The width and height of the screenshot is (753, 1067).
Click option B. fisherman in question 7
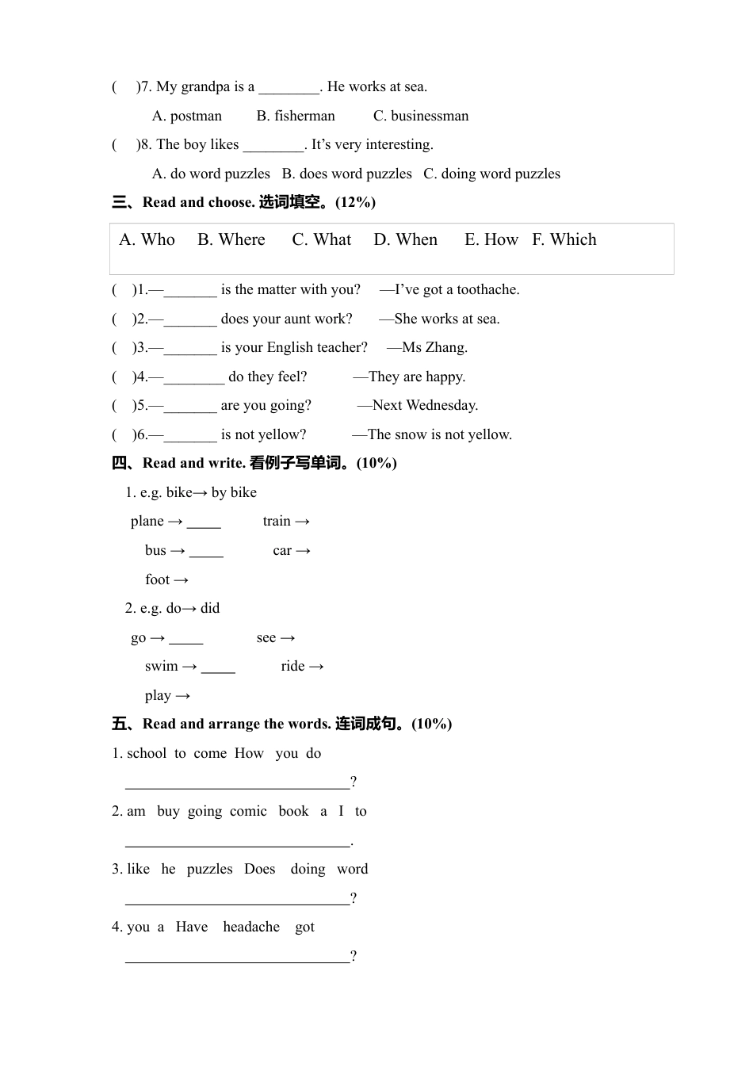(296, 116)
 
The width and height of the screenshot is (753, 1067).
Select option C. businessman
(421, 116)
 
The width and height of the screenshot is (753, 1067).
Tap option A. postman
(187, 116)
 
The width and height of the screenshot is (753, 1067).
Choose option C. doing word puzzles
(491, 174)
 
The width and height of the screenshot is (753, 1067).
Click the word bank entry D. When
(405, 239)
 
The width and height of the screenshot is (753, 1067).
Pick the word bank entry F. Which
(564, 239)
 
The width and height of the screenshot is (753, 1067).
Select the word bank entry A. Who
(147, 239)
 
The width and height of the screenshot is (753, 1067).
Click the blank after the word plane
(204, 522)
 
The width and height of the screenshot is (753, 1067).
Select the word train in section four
(277, 521)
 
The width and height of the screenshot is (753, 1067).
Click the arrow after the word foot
(181, 580)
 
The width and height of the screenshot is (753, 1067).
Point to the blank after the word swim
(218, 667)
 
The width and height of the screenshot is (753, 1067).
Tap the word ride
(292, 666)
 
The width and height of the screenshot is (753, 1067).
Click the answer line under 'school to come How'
(237, 783)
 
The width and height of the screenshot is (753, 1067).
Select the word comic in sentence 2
(248, 811)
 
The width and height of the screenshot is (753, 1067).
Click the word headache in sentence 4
(251, 927)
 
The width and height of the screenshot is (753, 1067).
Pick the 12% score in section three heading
(355, 202)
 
